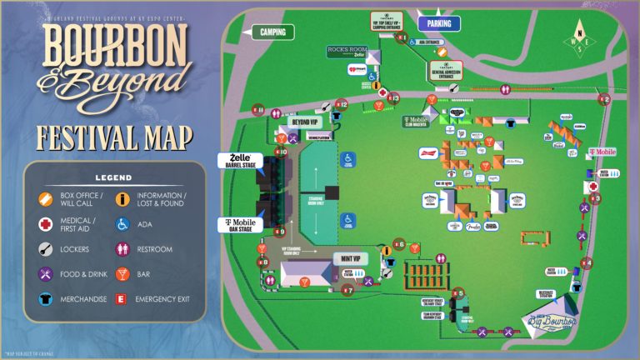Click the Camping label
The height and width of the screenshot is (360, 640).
click(272, 32)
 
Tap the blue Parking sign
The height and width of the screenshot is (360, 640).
click(438, 23)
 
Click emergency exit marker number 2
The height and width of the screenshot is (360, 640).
click(604, 100)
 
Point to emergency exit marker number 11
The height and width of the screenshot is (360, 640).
click(259, 109)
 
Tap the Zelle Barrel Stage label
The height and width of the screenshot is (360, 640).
click(240, 161)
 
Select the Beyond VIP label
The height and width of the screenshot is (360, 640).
click(303, 122)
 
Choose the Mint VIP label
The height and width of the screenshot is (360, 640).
click(350, 259)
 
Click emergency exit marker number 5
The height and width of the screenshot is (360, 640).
click(459, 293)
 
